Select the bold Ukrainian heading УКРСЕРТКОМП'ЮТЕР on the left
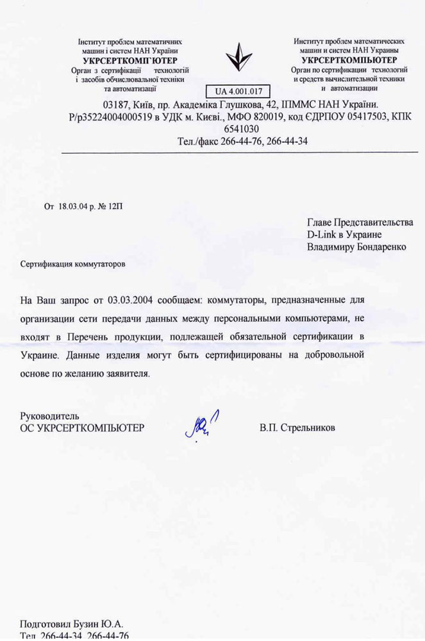coord(130,59)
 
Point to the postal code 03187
coord(115,104)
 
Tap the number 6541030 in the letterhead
coord(238,128)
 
